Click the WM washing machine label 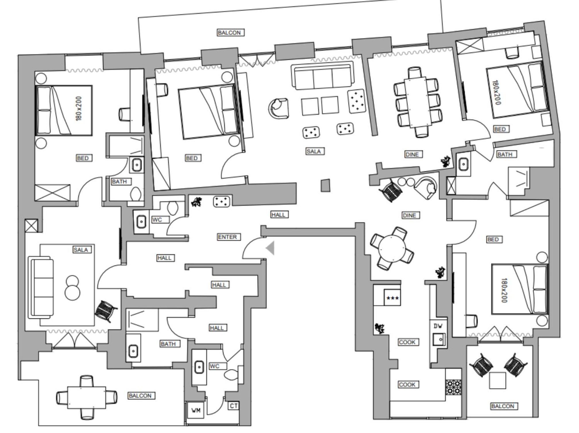pos(196,411)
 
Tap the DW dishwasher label pos(438,326)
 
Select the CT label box pos(234,406)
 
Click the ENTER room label pos(227,237)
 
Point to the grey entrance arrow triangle pos(270,248)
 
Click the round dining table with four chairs pos(392,248)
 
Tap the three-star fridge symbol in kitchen pos(392,298)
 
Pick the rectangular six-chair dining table pos(418,102)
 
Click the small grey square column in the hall pos(325,185)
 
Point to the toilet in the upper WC pos(173,208)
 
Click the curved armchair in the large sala pos(278,108)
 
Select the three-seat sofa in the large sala pos(322,76)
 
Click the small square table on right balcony pos(497,380)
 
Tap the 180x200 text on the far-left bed pos(79,109)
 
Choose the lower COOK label pos(407,384)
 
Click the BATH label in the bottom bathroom pos(168,344)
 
